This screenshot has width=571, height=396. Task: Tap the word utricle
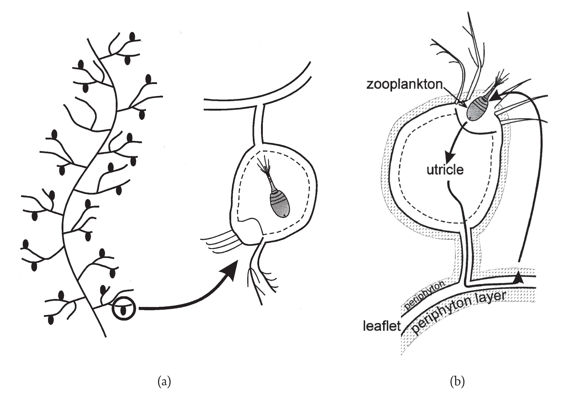(445, 170)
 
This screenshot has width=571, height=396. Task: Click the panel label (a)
(164, 382)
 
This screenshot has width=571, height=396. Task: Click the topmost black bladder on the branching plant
(132, 36)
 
